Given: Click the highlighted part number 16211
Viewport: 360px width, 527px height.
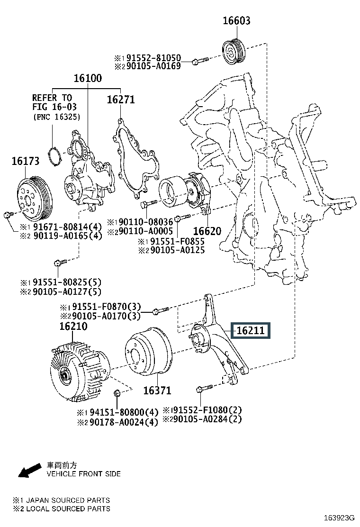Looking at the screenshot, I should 250,331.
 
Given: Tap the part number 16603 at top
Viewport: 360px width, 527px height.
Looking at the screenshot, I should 237,21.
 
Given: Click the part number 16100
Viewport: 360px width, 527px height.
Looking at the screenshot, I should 87,79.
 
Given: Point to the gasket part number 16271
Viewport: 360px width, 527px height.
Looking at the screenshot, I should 120,100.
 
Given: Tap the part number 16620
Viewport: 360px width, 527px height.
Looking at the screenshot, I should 207,231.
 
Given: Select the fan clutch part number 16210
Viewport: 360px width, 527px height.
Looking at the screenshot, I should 73,327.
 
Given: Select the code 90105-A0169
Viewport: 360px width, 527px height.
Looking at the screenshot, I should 152,66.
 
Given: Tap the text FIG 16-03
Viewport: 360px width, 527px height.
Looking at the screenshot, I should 54,108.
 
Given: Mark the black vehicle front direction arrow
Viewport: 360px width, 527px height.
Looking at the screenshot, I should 29,470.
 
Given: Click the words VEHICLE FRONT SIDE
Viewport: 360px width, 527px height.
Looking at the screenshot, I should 83,474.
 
